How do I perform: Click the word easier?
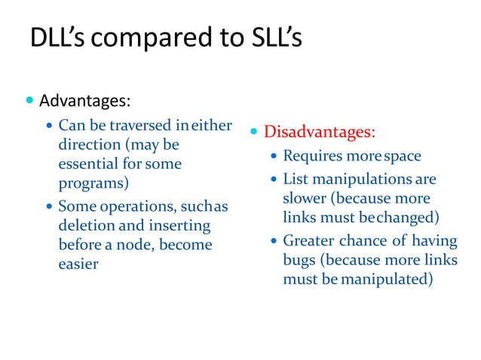point(78,264)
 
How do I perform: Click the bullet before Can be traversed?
point(51,125)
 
